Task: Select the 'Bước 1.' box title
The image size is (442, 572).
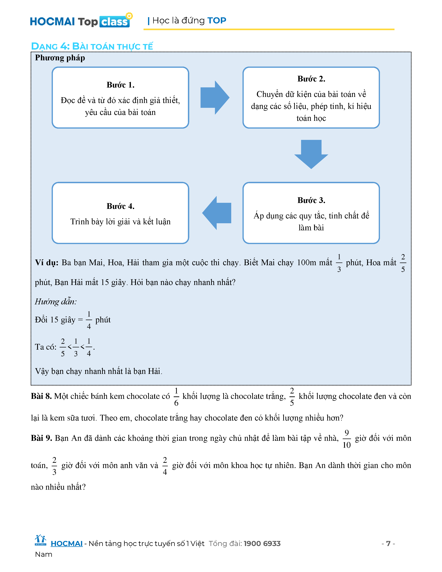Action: tap(120, 85)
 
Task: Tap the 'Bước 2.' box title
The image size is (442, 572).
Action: tap(311, 79)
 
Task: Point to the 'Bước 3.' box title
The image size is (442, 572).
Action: tap(311, 200)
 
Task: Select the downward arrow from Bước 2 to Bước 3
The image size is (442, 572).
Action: tap(311, 154)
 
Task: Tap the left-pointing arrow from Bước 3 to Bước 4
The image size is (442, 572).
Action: tap(217, 213)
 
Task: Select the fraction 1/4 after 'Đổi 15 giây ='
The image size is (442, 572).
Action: tap(89, 320)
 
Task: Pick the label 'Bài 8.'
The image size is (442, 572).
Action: tap(41, 396)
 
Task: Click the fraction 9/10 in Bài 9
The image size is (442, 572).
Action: tap(346, 439)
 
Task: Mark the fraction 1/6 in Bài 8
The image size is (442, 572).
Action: tap(176, 397)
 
